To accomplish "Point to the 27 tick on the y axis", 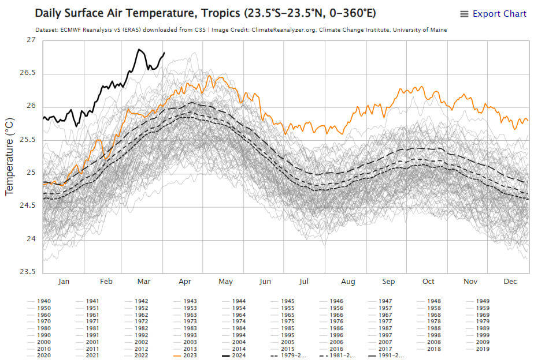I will tap(31, 40).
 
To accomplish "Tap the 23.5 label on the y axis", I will tap(27, 272).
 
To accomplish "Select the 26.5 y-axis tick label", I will tap(27, 73).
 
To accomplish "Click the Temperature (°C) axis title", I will tap(10, 156).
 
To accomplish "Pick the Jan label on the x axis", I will tap(64, 282).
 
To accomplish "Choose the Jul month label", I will tap(304, 282).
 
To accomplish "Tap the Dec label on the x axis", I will tap(510, 282).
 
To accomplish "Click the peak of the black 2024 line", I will tap(139, 50).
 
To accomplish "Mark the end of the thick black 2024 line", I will tap(164, 53).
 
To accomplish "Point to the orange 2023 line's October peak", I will tap(422, 87).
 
